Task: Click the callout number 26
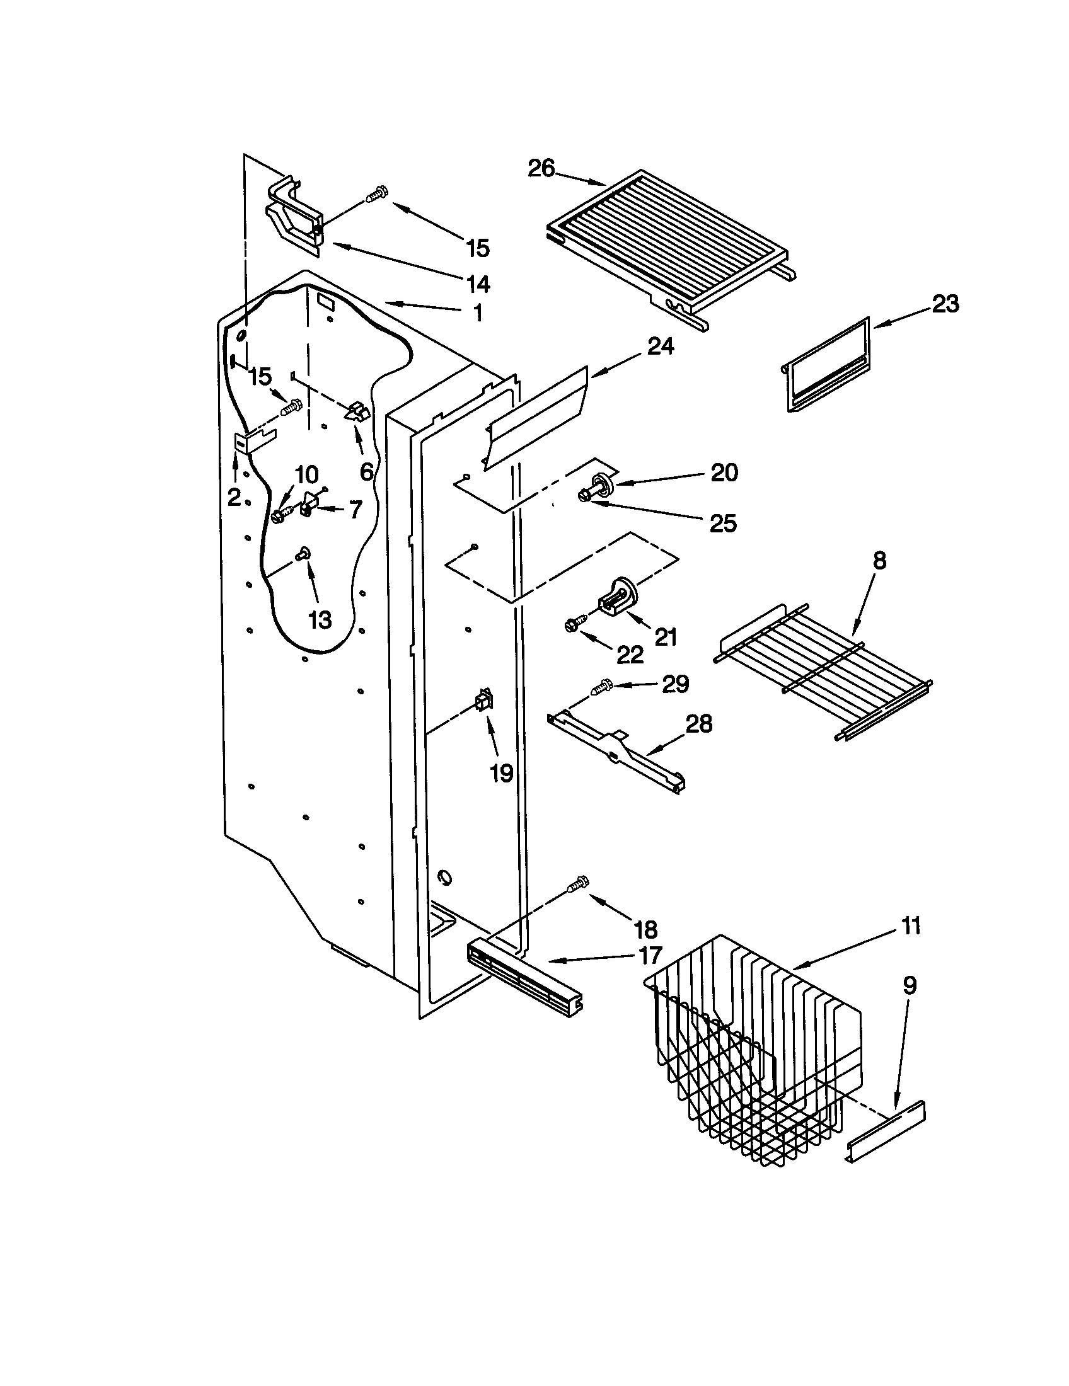541,169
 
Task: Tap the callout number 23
945,304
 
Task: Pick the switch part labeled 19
483,701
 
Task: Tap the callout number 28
698,723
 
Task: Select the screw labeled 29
601,687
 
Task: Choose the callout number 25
723,523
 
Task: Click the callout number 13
320,619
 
